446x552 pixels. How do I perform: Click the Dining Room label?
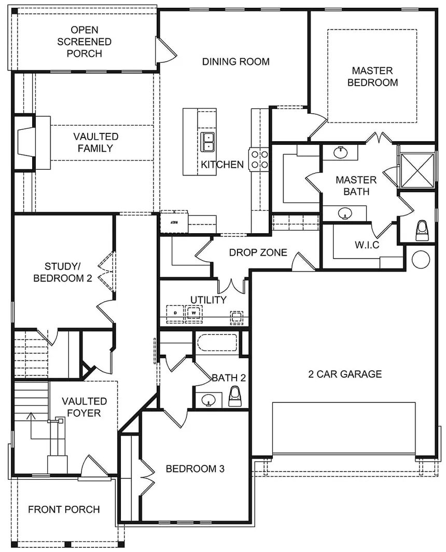pos(236,62)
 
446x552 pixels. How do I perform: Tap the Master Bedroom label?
pos(372,76)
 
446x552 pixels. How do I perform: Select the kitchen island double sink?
pos(208,142)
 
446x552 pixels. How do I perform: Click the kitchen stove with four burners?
pos(259,158)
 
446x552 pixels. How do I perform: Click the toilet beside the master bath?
pos(423,231)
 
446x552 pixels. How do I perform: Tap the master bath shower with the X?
pos(417,169)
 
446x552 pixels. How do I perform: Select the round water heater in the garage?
pos(421,258)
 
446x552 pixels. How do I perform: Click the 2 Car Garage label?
pos(345,374)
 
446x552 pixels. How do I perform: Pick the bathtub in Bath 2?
pos(217,343)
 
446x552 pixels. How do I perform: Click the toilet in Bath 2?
pos(234,397)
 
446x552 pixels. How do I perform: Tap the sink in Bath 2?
pos(208,400)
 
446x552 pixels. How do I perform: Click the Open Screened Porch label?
pos(84,42)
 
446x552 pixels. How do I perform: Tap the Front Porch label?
pos(64,509)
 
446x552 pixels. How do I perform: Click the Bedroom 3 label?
pos(195,469)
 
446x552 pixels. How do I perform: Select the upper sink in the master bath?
pos(340,152)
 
